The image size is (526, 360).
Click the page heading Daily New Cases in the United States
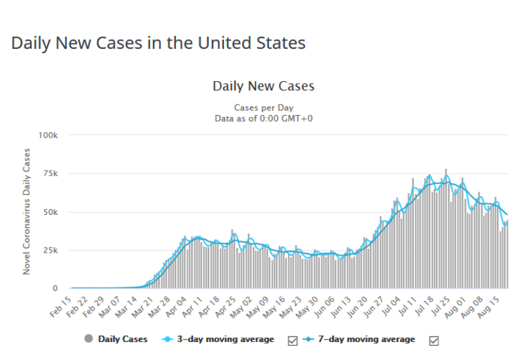(158, 43)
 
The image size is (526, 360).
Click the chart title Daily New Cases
(263, 86)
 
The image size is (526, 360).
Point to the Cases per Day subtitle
(263, 107)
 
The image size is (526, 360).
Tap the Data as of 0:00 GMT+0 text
(263, 119)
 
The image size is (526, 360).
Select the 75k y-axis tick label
(50, 174)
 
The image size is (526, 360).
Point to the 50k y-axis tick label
(50, 212)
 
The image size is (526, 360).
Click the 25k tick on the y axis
(50, 250)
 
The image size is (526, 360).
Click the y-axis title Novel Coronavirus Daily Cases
(27, 212)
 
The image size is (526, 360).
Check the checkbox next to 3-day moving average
(293, 340)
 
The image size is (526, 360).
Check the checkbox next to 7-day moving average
(434, 340)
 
